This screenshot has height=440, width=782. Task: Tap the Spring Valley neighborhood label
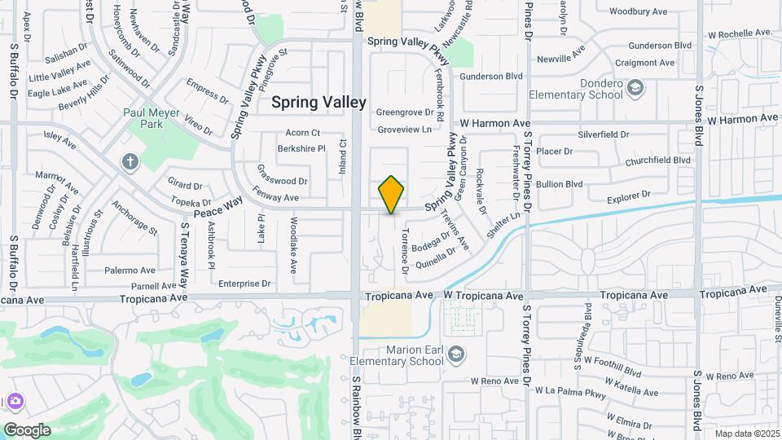tap(319, 102)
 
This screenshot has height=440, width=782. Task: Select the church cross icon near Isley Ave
tap(130, 161)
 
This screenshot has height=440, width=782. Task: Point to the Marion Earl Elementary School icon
tap(457, 354)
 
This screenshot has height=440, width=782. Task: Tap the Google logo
tap(27, 430)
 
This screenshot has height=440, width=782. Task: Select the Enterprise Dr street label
tap(244, 284)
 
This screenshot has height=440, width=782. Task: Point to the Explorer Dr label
tap(630, 195)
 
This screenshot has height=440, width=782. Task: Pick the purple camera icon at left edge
tap(15, 402)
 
